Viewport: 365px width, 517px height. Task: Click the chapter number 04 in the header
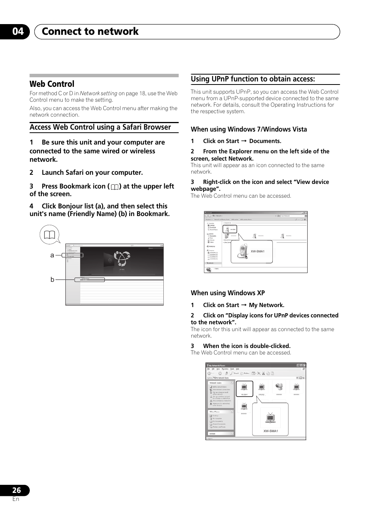coord(18,31)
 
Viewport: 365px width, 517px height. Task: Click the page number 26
coord(16,490)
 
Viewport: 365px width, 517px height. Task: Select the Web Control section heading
coord(52,84)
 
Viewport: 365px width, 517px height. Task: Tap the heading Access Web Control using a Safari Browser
coord(100,127)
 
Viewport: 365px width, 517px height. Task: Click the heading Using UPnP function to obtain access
coord(253,79)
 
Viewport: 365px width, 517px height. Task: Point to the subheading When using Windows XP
coord(228,293)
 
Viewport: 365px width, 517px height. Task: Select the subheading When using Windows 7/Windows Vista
coord(249,129)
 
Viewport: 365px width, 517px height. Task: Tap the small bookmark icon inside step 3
coord(115,187)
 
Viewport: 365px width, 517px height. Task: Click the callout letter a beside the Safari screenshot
coord(52,255)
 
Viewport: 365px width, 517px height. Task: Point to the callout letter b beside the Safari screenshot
coord(52,280)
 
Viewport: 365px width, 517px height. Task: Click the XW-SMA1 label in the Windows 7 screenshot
coord(257,251)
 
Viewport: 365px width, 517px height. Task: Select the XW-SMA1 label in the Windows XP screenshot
coord(270,431)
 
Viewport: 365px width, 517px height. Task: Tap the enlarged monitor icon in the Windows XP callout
coord(270,418)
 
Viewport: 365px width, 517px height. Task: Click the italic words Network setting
coord(98,93)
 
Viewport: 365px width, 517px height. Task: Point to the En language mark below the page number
coord(16,499)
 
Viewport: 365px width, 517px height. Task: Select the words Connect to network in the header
coord(90,31)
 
